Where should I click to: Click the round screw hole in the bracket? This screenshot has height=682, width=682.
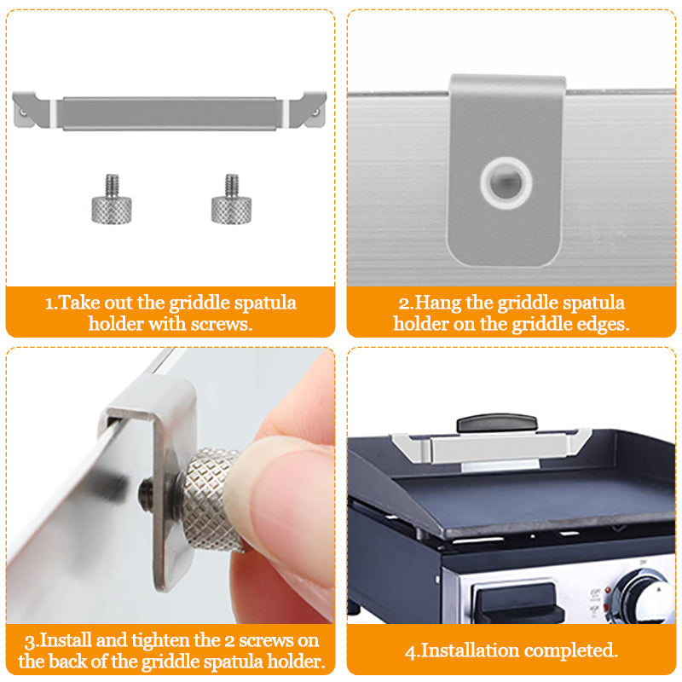click(506, 181)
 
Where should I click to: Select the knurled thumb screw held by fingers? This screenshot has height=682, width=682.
click(209, 499)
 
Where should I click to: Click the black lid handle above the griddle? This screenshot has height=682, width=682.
click(497, 423)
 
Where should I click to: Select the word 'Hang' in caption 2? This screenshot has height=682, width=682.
click(436, 303)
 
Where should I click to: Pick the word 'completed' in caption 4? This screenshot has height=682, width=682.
click(570, 650)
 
